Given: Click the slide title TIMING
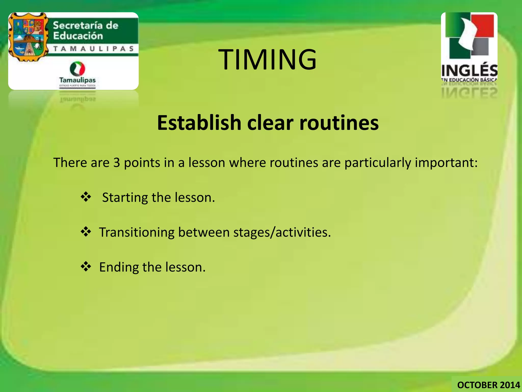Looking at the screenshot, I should pyautogui.click(x=267, y=60).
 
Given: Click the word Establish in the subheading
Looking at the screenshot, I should pyautogui.click(x=199, y=123).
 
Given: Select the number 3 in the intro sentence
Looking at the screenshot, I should pyautogui.click(x=116, y=163).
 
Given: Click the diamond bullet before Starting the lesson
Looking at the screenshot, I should pyautogui.click(x=86, y=197).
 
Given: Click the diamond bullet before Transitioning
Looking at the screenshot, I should pyautogui.click(x=86, y=232).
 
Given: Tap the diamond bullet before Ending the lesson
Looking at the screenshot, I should pyautogui.click(x=86, y=266).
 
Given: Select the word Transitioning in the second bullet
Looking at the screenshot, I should pyautogui.click(x=137, y=232).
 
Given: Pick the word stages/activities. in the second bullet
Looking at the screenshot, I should pyautogui.click(x=282, y=232).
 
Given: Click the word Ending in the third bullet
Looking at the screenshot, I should pyautogui.click(x=119, y=267).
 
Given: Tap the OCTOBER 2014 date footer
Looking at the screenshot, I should pyautogui.click(x=488, y=385).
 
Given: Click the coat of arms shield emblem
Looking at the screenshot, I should pyautogui.click(x=28, y=37).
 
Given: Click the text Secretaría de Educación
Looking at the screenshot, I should pyautogui.click(x=85, y=31).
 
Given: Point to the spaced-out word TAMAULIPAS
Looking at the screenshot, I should pyautogui.click(x=94, y=49).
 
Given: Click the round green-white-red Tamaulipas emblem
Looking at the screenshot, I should pyautogui.click(x=77, y=68).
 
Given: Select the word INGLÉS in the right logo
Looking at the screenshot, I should pyautogui.click(x=469, y=70).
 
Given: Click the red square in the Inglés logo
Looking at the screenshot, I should pyautogui.click(x=483, y=26).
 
